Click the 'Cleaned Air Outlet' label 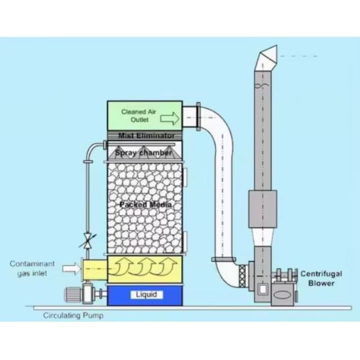tap(139, 115)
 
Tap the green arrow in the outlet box tap(170, 118)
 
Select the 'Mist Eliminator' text tap(146, 136)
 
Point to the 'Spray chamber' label tap(143, 152)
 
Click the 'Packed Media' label tap(146, 205)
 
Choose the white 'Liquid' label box tap(147, 295)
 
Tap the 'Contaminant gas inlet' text tap(32, 268)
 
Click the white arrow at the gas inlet tap(71, 268)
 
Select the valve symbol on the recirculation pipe tap(88, 241)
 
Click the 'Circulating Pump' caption tap(73, 316)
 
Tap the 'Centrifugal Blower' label tap(321, 278)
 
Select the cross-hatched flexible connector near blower tap(242, 276)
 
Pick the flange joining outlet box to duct tap(199, 117)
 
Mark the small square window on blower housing tap(263, 290)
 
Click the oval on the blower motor tap(283, 295)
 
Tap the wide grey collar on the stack tap(263, 209)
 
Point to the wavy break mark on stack tap(262, 85)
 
